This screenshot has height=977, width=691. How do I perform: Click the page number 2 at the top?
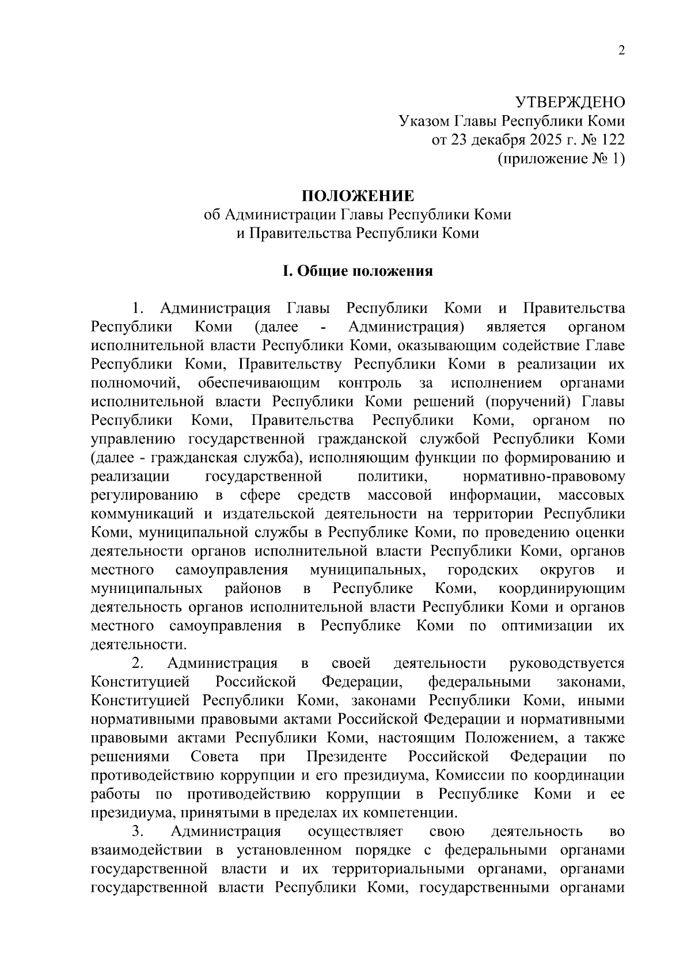click(x=621, y=51)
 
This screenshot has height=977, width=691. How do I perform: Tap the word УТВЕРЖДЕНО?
click(x=569, y=102)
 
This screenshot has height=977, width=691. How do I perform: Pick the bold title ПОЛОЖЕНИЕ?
click(x=358, y=196)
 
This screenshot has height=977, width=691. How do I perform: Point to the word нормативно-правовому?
click(x=544, y=477)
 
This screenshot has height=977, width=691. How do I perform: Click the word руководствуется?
click(x=567, y=663)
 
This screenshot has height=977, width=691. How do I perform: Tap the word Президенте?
click(x=347, y=756)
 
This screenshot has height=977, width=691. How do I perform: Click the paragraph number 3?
click(x=137, y=831)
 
